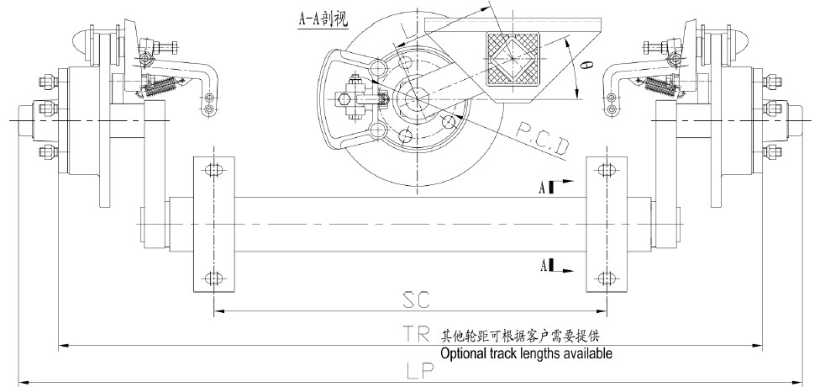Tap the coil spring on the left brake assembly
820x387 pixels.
coord(166,84)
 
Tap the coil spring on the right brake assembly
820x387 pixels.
coord(660,84)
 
